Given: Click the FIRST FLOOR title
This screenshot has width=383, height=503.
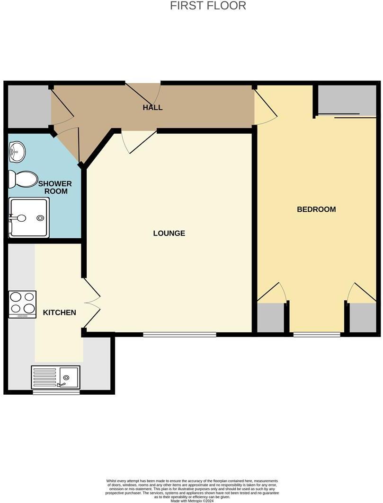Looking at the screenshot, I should [208, 6].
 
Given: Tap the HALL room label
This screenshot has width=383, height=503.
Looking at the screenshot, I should [152, 108].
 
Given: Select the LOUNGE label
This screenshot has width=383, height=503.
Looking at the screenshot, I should [169, 233].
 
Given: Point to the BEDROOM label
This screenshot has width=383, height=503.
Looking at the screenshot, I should [316, 209].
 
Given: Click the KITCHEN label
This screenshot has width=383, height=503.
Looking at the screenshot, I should [60, 312].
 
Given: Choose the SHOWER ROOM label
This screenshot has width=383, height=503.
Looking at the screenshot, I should [55, 187].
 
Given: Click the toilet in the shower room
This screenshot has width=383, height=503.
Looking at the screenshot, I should [23, 179].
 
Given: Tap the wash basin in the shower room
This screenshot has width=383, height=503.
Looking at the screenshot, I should [17, 152].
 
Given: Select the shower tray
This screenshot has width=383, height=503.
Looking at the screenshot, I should [29, 217].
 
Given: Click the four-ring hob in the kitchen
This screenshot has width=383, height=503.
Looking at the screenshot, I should [22, 304].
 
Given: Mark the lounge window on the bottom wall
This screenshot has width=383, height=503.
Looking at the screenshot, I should [179, 335].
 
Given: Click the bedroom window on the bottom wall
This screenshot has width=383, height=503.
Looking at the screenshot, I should [317, 335].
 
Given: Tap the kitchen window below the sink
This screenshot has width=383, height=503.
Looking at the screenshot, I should [56, 391].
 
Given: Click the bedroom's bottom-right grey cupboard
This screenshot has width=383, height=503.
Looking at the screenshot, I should [363, 318].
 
